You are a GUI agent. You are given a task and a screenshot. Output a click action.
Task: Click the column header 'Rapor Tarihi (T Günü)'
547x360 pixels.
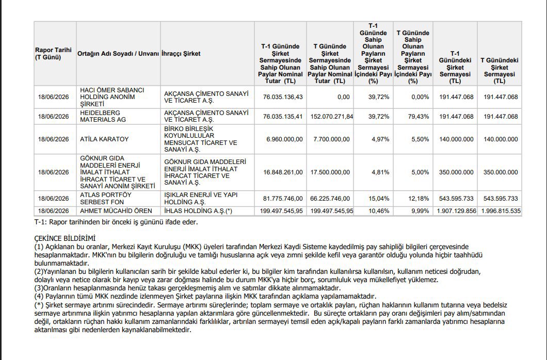point(53,54)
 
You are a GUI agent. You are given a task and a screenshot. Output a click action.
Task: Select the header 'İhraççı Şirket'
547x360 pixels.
point(181,54)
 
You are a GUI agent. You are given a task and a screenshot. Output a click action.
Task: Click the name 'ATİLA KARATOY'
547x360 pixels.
point(104,139)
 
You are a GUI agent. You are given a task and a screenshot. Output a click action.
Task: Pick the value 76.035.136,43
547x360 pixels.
point(283,97)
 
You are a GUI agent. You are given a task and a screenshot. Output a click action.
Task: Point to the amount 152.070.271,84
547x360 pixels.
point(332,117)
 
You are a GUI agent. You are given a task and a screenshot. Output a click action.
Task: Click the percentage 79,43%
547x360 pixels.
point(419,117)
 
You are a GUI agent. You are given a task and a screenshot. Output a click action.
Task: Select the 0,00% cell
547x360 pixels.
point(420,97)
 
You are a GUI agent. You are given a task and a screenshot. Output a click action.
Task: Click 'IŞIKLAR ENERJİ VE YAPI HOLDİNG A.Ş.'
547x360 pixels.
point(201,198)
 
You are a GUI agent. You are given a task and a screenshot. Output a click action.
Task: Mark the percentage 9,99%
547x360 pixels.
point(420,211)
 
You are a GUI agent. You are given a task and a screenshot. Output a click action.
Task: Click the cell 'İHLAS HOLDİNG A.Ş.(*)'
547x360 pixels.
point(198,211)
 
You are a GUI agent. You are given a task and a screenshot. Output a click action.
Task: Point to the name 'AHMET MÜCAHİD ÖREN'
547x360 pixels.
point(116,211)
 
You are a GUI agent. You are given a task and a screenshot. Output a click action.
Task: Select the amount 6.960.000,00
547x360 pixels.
point(285,139)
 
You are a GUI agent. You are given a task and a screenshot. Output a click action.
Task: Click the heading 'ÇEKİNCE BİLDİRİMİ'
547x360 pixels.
point(65,239)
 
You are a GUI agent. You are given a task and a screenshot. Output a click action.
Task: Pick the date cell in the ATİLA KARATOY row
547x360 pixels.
point(53,139)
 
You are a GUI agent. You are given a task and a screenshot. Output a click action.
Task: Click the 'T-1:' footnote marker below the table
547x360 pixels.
point(41,222)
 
